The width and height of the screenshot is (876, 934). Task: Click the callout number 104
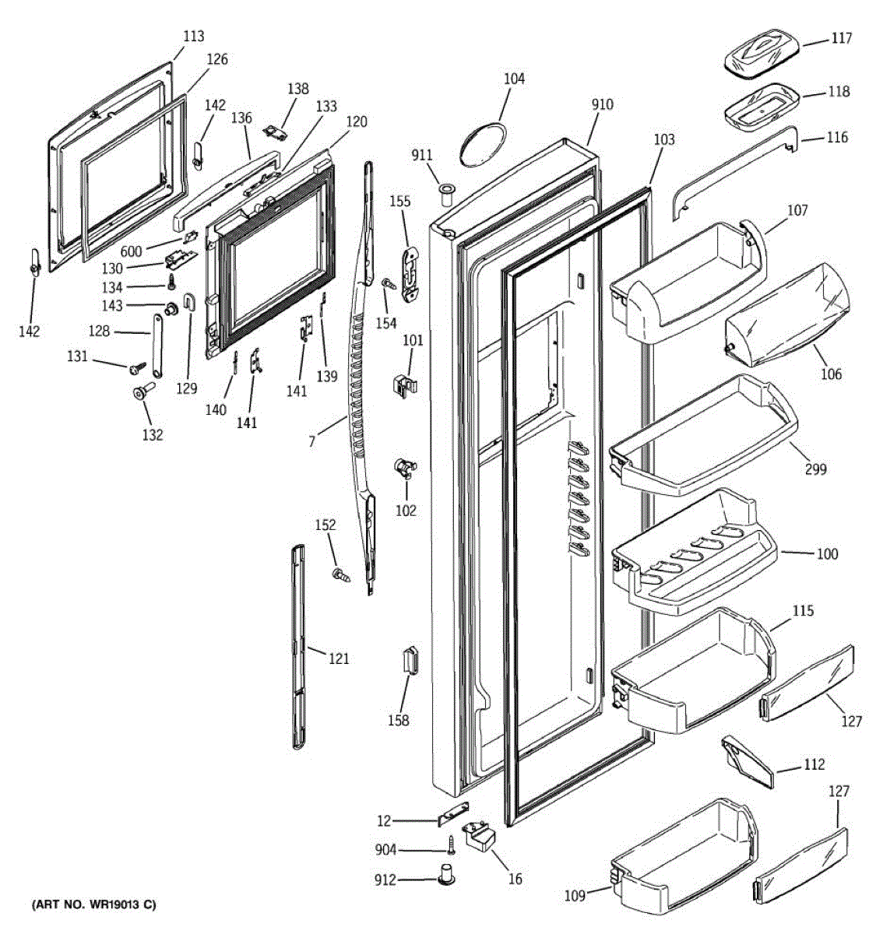[514, 79]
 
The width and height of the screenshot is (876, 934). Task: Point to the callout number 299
[816, 469]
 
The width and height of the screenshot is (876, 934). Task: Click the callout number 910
[602, 104]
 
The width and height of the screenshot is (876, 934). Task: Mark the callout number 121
[338, 658]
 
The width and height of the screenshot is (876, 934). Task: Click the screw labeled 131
[139, 366]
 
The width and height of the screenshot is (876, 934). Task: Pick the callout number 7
[311, 441]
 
